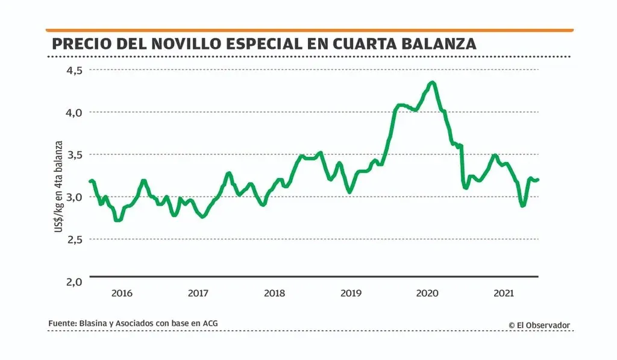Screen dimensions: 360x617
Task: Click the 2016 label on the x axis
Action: [122, 294]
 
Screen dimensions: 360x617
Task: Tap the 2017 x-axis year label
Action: [198, 294]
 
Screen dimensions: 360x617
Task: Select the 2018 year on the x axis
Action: [275, 294]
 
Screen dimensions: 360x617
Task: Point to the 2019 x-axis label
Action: [351, 294]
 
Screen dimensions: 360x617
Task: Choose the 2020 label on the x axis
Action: [428, 294]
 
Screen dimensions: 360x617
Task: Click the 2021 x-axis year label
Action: [504, 294]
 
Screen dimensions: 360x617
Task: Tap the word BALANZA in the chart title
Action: [436, 44]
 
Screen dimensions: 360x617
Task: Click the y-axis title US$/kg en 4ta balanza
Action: [59, 187]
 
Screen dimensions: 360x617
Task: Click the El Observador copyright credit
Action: [539, 325]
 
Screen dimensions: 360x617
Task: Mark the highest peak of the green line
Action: [432, 82]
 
